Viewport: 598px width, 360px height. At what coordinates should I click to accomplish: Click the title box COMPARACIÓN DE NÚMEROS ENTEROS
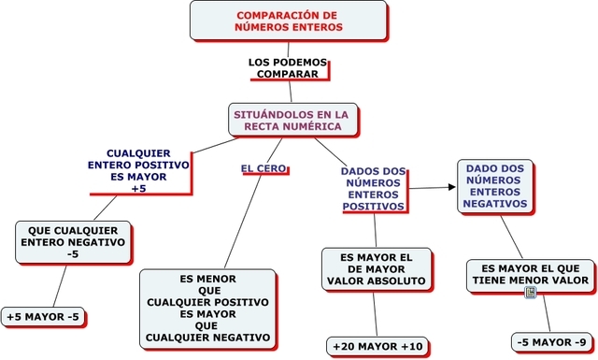[x=288, y=22]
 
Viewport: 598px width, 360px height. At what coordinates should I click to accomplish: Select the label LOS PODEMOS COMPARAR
[x=288, y=67]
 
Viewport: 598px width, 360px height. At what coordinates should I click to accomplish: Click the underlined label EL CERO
[x=263, y=169]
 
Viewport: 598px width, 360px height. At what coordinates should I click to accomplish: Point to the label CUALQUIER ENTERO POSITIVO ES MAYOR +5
[x=139, y=170]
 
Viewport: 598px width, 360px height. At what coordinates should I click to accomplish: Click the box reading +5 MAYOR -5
[x=43, y=318]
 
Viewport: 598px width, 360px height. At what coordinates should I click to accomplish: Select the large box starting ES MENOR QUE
[x=207, y=308]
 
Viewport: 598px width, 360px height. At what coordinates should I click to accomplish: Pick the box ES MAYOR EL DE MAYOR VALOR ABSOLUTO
[x=377, y=269]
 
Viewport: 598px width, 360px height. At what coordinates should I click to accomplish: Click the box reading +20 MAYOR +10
[x=377, y=346]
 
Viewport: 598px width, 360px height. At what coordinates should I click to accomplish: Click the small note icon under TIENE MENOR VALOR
[x=530, y=293]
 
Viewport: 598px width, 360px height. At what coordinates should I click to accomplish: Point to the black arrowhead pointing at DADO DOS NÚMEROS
[x=451, y=187]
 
